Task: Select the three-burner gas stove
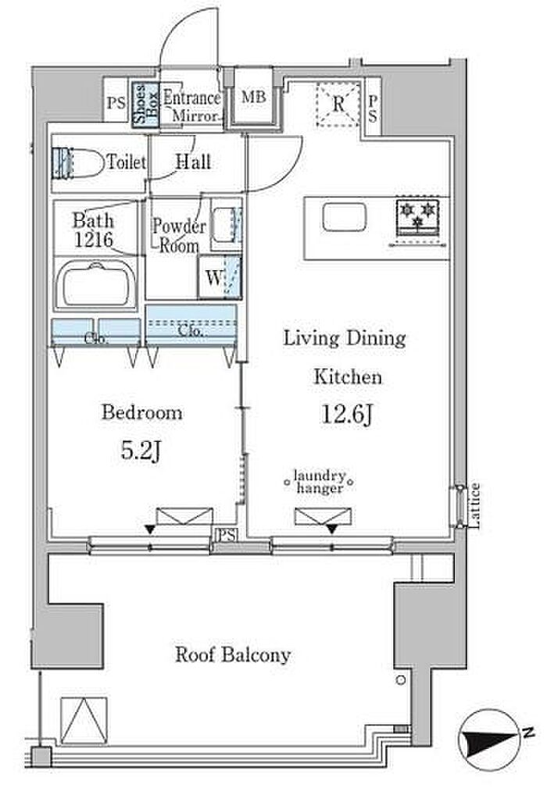coord(417,216)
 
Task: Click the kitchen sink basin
coord(344,218)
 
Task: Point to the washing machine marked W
coord(220,276)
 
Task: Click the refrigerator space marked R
coord(338,104)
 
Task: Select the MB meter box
coord(253,96)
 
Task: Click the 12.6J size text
coord(348,414)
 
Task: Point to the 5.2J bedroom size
coord(141,451)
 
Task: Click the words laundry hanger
coord(320,482)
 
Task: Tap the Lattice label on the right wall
coord(474,505)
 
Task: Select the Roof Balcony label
coord(233,654)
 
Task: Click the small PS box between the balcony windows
coord(227,535)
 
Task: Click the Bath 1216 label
coord(93,230)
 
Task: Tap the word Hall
coord(193,162)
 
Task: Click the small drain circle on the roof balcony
coord(401,679)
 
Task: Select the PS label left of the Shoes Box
coord(116,103)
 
